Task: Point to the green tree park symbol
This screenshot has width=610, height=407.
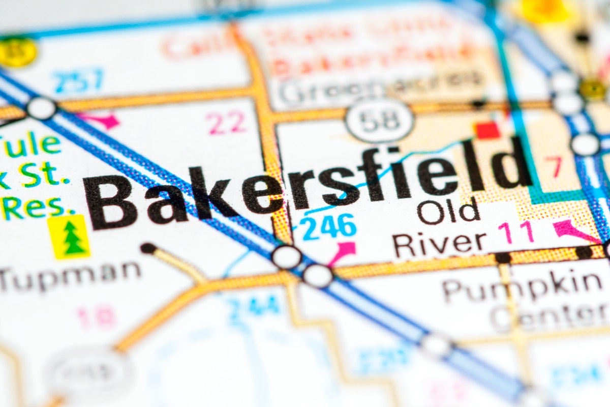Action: [70, 236]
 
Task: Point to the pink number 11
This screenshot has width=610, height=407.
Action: [516, 231]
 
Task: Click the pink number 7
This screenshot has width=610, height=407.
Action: [555, 167]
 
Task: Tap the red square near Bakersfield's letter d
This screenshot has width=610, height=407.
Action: [487, 130]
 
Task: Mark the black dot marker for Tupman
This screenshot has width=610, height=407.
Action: [148, 248]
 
